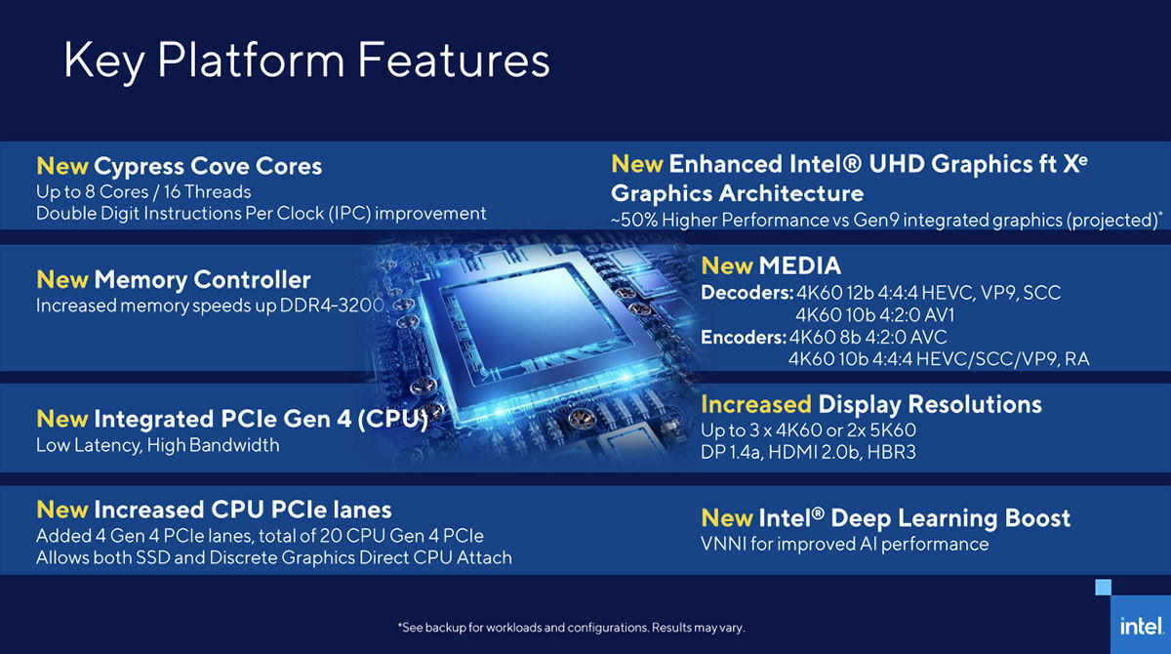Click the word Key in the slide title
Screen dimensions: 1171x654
coord(104,61)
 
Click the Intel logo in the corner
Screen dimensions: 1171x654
coord(1141,626)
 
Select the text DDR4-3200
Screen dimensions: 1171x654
coord(332,306)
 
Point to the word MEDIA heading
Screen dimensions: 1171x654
coord(800,266)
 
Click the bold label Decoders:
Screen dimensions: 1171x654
coord(747,293)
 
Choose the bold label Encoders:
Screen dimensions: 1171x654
coord(744,337)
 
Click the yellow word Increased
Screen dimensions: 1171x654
coord(756,404)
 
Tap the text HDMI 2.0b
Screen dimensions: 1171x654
coord(815,452)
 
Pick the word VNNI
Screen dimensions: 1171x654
coord(723,545)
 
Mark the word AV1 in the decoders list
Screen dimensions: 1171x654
coord(940,315)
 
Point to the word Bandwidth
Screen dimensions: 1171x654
coord(234,445)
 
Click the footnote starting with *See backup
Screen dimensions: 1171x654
coord(571,628)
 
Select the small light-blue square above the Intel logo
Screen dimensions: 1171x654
coord(1103,587)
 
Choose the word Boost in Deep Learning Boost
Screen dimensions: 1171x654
coord(1037,518)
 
